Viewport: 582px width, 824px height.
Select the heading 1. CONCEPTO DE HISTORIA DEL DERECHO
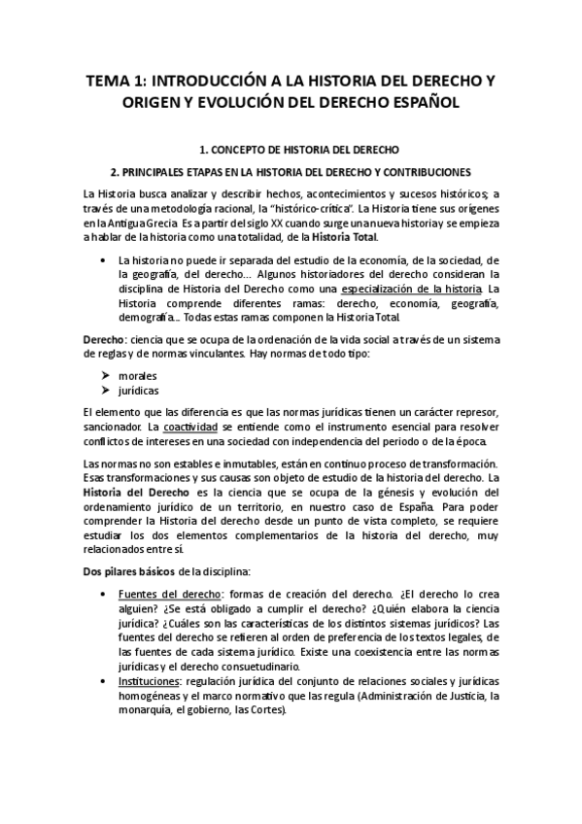click(291, 152)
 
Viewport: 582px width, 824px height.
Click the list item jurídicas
click(138, 391)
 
